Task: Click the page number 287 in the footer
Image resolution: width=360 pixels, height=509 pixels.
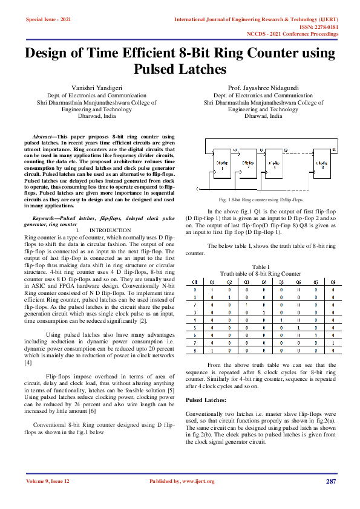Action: tap(330, 481)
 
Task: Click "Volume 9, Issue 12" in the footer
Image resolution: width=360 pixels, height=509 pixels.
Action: tap(48, 481)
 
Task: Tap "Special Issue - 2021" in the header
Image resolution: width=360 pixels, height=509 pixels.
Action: tap(48, 20)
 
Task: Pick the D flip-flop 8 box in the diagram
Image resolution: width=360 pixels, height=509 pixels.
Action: tap(326, 166)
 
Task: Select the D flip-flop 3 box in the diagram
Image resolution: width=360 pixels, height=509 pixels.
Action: tap(273, 166)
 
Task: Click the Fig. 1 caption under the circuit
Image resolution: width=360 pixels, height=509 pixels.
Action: tap(261, 199)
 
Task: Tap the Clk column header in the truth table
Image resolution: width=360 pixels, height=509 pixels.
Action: tap(194, 281)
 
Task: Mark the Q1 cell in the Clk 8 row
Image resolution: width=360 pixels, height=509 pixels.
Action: tap(212, 351)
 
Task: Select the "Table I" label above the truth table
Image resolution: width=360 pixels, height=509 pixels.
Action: tap(260, 267)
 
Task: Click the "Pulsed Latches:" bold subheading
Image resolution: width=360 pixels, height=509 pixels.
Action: tap(206, 401)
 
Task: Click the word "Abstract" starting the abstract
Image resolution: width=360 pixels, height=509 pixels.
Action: tap(48, 138)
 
